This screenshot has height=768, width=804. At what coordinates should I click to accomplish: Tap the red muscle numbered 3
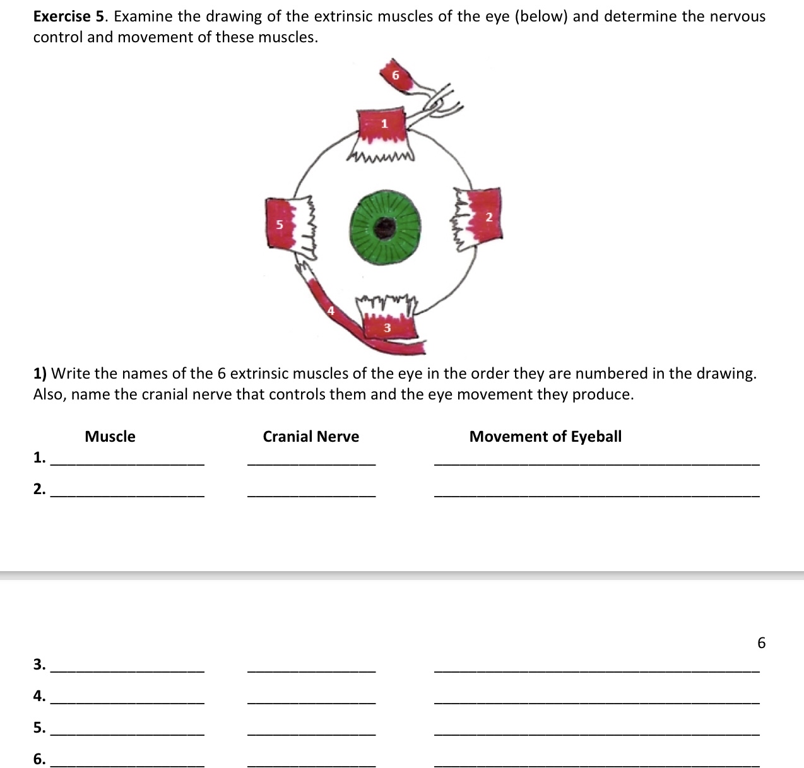pyautogui.click(x=387, y=327)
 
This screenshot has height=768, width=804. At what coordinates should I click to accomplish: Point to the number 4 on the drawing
pyautogui.click(x=330, y=310)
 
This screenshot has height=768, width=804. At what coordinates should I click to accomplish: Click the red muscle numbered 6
pyautogui.click(x=396, y=75)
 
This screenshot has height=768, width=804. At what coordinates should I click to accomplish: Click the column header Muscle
pyautogui.click(x=110, y=437)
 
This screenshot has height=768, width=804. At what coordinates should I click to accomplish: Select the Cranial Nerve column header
pyautogui.click(x=310, y=437)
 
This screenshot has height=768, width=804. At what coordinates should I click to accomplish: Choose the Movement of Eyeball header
pyautogui.click(x=545, y=437)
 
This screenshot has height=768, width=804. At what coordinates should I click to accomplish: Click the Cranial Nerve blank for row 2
pyautogui.click(x=312, y=492)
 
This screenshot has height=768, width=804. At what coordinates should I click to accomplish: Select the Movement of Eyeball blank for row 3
pyautogui.click(x=597, y=666)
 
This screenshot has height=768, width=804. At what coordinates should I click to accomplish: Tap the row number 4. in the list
pyautogui.click(x=39, y=696)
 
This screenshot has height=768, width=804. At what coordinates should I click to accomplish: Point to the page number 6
pyautogui.click(x=761, y=643)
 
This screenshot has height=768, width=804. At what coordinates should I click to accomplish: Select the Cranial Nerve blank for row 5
pyautogui.click(x=312, y=730)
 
